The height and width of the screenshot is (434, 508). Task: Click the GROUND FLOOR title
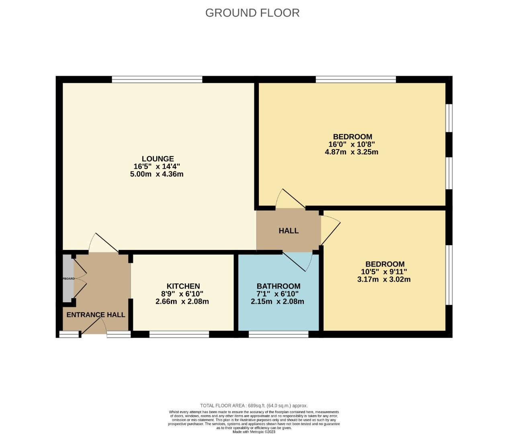(x=252, y=13)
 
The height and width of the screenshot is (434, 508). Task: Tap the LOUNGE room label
(x=158, y=159)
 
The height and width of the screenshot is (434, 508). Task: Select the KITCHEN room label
(x=183, y=286)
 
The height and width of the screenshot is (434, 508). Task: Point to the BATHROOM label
(x=278, y=286)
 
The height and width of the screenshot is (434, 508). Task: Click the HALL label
(x=289, y=231)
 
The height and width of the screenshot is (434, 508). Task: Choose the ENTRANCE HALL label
(x=96, y=315)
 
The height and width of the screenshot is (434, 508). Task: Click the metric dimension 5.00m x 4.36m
(x=157, y=174)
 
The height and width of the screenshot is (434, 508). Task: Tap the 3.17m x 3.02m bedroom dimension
(x=384, y=279)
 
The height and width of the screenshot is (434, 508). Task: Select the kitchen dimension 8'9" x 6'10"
(x=182, y=294)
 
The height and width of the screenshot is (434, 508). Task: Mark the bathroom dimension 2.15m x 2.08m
(x=277, y=301)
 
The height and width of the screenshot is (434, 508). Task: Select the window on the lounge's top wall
(x=157, y=80)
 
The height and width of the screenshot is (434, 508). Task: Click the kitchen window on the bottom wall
(x=179, y=334)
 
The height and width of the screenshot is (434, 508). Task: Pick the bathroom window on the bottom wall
(x=279, y=334)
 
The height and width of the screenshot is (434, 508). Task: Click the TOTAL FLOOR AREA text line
(x=254, y=405)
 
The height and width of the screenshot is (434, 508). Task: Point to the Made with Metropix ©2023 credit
(x=254, y=432)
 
